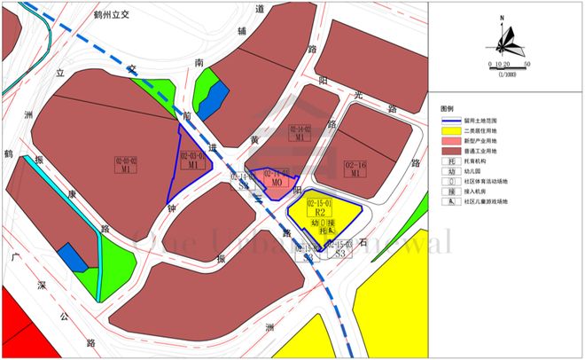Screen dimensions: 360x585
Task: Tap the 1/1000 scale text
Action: click(507, 74)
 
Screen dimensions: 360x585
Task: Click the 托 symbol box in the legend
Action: click(452, 163)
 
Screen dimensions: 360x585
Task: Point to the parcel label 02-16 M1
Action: click(356, 168)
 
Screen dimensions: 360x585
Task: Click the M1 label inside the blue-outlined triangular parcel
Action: click(192, 164)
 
